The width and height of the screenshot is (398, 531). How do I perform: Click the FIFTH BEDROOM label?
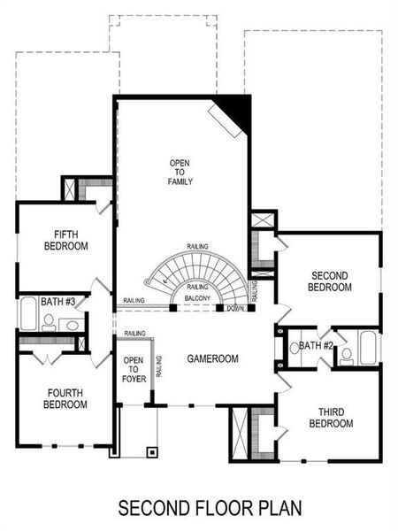(x=65, y=240)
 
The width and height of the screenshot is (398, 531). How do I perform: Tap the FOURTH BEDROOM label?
(x=65, y=399)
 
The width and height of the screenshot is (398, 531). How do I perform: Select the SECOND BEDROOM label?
(x=330, y=281)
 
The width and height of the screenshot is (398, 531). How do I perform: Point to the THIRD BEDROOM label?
(x=331, y=418)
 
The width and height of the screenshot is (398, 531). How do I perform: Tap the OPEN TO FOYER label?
(x=133, y=370)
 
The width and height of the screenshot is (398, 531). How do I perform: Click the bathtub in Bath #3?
(x=27, y=315)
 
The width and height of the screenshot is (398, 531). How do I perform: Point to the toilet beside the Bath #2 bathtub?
(x=347, y=354)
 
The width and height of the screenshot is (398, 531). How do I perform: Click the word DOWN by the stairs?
(x=235, y=309)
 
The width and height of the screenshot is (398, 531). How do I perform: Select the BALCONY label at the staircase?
(x=197, y=299)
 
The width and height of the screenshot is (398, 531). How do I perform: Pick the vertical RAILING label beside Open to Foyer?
(x=159, y=366)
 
